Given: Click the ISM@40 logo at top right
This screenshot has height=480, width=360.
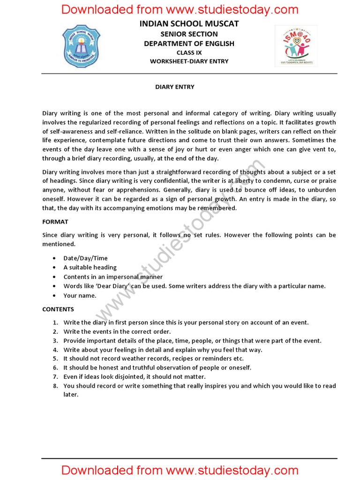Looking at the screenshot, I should [x=296, y=46].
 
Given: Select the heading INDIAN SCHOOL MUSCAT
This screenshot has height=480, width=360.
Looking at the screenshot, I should [x=189, y=23].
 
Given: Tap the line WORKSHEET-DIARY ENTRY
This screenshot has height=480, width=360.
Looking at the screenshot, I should [x=189, y=61].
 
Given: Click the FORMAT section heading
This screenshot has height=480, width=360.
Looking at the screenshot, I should [x=55, y=222].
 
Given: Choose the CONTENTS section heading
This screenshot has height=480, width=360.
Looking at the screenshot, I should [x=58, y=309].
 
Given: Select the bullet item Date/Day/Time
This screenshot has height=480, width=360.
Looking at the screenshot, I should [x=85, y=258].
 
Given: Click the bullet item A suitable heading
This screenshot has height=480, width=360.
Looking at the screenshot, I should [x=90, y=268].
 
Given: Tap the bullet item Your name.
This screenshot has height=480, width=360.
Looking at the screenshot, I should [x=80, y=296].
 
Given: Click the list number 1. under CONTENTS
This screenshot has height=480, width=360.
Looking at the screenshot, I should [x=55, y=322].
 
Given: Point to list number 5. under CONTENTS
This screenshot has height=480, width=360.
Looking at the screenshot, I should [x=55, y=359].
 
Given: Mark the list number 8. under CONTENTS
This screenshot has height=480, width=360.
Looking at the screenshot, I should [x=55, y=386].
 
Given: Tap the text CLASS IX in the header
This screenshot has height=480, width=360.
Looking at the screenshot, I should [x=189, y=52].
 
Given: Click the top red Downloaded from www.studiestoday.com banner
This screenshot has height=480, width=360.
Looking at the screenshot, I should [x=180, y=9].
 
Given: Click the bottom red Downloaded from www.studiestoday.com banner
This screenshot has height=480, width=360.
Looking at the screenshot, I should [x=180, y=470].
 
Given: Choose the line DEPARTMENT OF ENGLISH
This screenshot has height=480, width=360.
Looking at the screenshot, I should [x=189, y=44].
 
